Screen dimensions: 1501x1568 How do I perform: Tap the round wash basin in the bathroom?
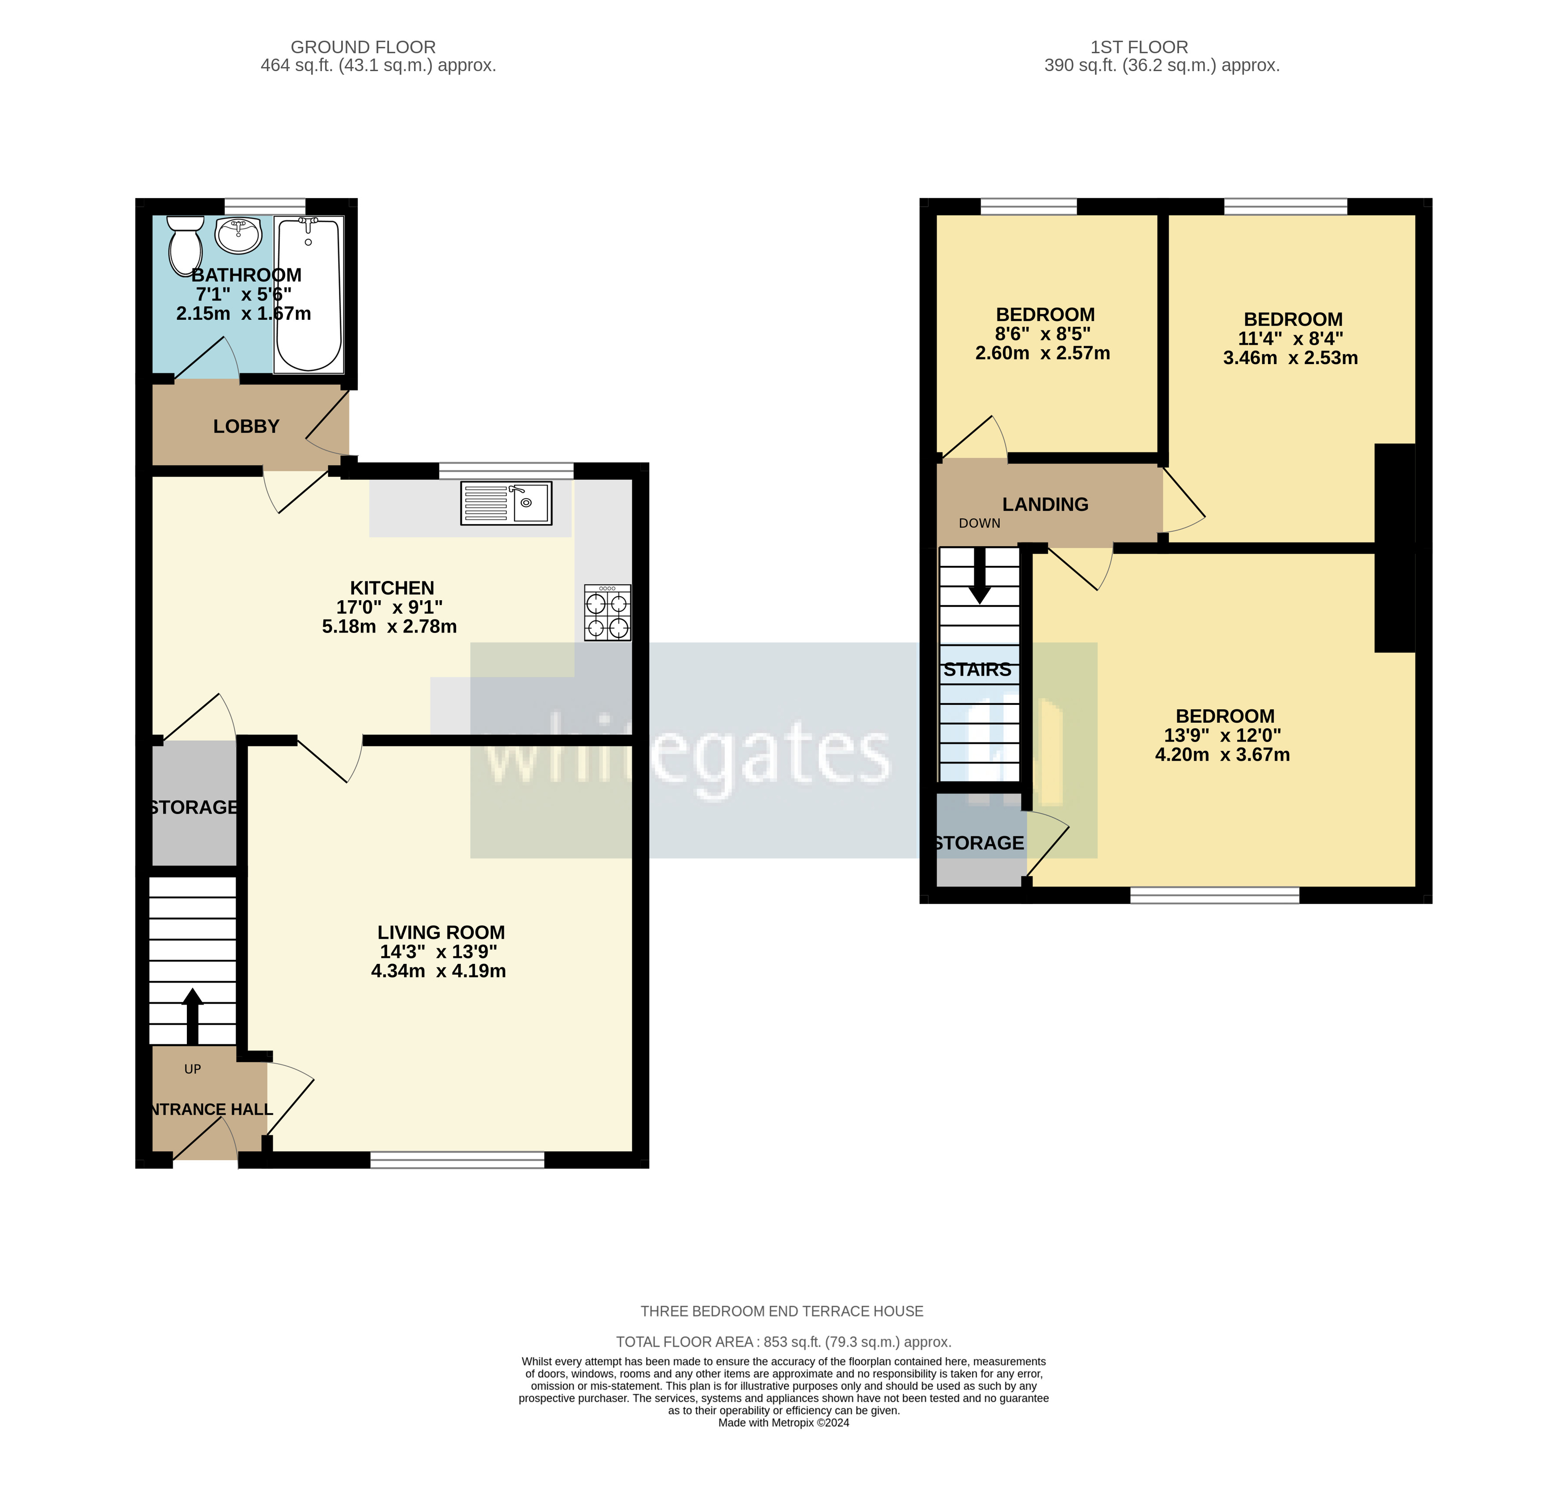(x=238, y=234)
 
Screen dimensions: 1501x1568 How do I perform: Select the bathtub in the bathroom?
(x=309, y=294)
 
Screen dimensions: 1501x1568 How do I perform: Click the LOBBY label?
(x=246, y=426)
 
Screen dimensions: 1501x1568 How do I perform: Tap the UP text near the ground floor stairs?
(x=193, y=1069)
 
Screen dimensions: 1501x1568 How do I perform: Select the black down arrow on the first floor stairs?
(x=979, y=576)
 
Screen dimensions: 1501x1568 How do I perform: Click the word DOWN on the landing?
(x=979, y=523)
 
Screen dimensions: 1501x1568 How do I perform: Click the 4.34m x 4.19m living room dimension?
(x=439, y=971)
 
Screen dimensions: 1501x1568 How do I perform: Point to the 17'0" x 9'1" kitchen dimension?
(x=389, y=607)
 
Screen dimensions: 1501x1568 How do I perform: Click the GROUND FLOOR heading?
(x=363, y=47)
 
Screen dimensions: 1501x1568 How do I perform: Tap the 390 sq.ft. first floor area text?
(x=1162, y=66)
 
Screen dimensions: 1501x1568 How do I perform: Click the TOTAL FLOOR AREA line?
(x=783, y=1342)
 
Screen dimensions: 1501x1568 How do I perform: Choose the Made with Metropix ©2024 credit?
(x=783, y=1423)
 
